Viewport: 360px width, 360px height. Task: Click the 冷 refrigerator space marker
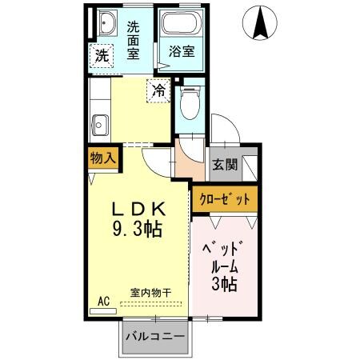coord(160,91)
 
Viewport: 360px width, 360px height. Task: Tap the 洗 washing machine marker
coord(102,56)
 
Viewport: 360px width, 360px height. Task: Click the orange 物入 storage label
coord(103,158)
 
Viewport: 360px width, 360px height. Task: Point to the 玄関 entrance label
coord(225,166)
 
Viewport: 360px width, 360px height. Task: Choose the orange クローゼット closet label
coord(226,198)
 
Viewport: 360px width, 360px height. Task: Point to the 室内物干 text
coord(151,293)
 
